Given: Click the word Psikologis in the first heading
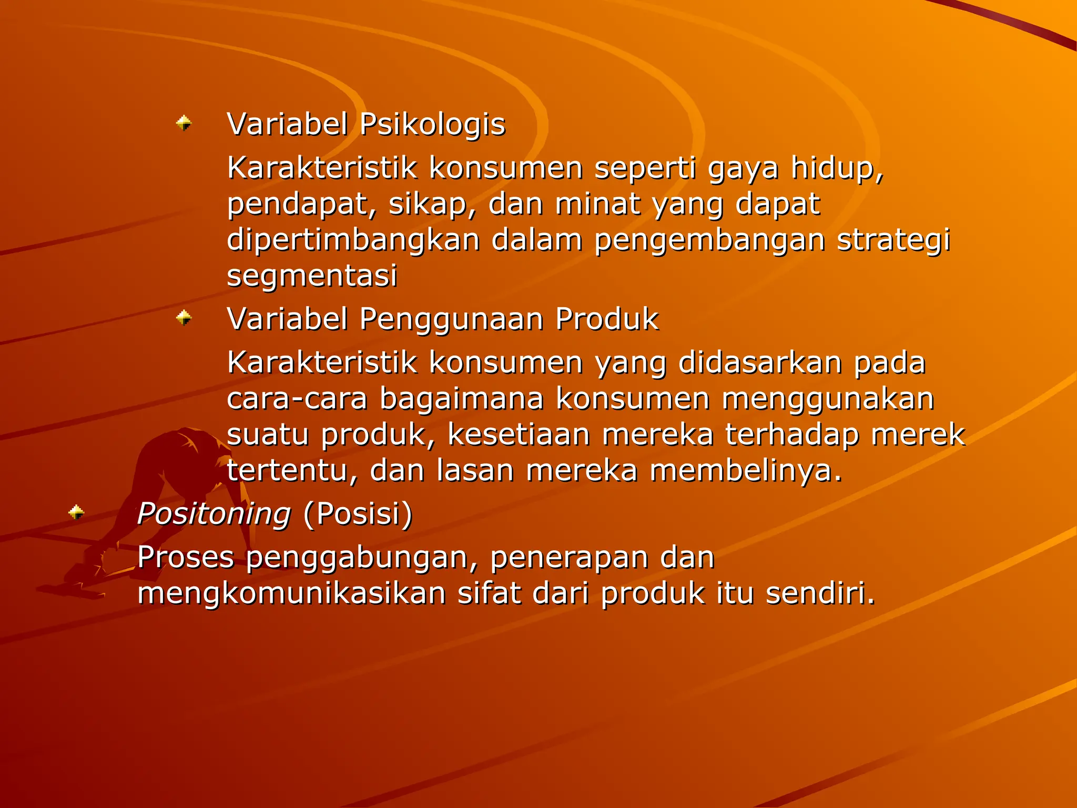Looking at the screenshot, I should pyautogui.click(x=432, y=125).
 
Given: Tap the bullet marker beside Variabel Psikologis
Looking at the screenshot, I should pyautogui.click(x=184, y=123).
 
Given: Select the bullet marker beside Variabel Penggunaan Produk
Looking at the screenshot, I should pyautogui.click(x=184, y=318).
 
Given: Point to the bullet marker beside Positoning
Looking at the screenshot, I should pyautogui.click(x=77, y=512).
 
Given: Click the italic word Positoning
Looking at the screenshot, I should pyautogui.click(x=214, y=514).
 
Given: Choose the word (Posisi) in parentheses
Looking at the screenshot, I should pyautogui.click(x=358, y=514).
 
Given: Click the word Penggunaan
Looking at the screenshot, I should pyautogui.click(x=451, y=319).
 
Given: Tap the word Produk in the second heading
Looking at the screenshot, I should pyautogui.click(x=607, y=319).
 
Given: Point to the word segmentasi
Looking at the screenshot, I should pyautogui.click(x=312, y=276).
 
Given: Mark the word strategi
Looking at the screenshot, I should pyautogui.click(x=893, y=240).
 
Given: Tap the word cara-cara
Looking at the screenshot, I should pyautogui.click(x=297, y=399).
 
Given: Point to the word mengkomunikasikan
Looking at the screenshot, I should pyautogui.click(x=292, y=593).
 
